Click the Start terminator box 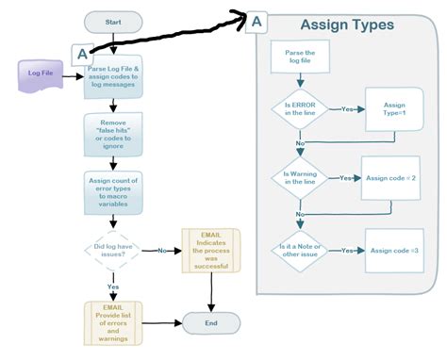(x=113, y=20)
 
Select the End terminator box (x=209, y=323)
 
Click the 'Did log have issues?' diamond (x=113, y=251)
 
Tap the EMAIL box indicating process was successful (x=211, y=250)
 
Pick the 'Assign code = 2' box (x=389, y=177)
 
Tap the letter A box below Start (x=83, y=54)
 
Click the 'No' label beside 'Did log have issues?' (x=161, y=251)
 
